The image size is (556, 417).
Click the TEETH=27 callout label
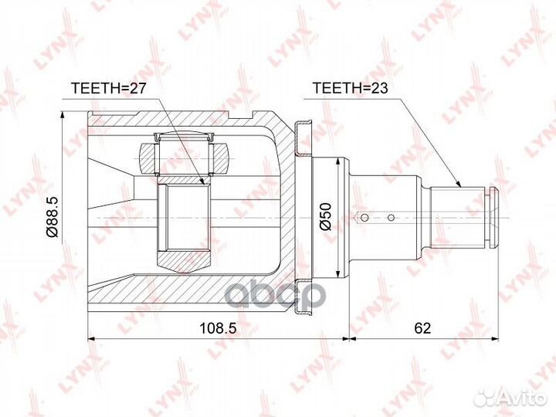tap(108, 88)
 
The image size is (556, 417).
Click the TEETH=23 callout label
tap(350, 88)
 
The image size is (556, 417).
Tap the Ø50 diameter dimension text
tap(325, 217)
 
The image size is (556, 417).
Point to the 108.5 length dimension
tap(218, 328)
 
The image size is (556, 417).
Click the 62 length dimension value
tap(422, 328)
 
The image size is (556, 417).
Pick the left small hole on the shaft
tap(364, 217)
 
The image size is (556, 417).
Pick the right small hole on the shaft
tap(391, 217)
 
